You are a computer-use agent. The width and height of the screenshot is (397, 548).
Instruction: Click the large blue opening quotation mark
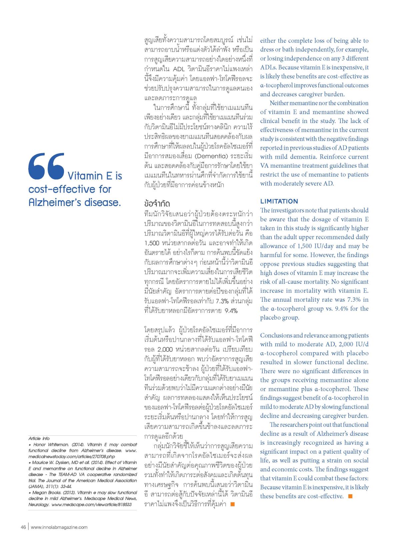(46, 166)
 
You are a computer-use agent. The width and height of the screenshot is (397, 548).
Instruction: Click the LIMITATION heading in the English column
(279, 201)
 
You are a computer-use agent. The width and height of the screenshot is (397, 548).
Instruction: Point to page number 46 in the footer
(23, 527)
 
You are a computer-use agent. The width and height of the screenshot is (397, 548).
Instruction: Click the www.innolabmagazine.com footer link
(59, 527)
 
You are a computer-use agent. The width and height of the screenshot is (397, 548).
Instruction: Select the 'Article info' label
(39, 438)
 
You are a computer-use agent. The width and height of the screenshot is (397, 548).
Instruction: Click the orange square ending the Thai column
(233, 504)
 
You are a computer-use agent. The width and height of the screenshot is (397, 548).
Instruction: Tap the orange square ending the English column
(350, 496)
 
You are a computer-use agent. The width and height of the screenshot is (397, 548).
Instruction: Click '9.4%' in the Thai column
(231, 311)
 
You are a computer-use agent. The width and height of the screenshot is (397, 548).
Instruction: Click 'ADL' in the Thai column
(181, 69)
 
